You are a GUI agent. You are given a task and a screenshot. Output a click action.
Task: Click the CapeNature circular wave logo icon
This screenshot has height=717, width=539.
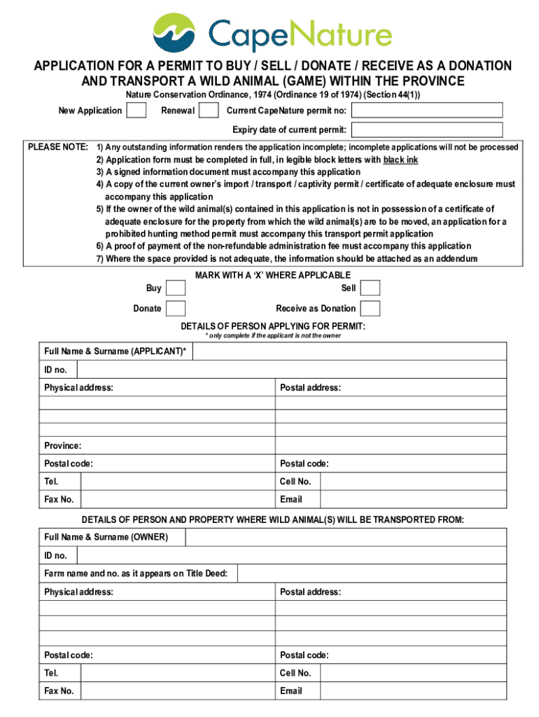[176, 34]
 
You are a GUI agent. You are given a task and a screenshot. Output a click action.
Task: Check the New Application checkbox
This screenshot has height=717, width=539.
[136, 111]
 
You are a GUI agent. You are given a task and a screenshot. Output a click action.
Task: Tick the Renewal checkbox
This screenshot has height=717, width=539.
[209, 111]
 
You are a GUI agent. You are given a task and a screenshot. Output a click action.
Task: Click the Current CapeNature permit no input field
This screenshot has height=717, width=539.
[426, 111]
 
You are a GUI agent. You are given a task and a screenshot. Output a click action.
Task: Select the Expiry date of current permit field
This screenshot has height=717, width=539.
[426, 130]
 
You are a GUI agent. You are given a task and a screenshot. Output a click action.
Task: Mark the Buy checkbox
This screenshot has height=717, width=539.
[176, 288]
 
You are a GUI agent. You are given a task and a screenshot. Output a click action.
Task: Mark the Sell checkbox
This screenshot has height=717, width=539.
[370, 288]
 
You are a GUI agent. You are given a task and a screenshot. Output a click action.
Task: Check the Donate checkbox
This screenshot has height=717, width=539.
[176, 309]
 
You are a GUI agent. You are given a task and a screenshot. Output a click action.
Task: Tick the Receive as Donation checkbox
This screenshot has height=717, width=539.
[370, 309]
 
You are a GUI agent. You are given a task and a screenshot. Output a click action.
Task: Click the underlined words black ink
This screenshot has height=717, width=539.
[400, 160]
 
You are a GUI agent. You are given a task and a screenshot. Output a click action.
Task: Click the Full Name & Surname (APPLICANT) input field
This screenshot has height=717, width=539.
[349, 351]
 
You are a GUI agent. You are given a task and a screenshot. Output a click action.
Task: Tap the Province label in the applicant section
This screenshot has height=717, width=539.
[63, 445]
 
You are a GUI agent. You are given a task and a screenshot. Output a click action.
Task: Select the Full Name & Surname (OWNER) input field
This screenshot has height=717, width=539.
[346, 537]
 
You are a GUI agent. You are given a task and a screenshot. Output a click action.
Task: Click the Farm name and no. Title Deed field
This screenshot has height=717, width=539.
[372, 573]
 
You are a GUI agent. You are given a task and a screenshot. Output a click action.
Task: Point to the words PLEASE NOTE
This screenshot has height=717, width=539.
[57, 147]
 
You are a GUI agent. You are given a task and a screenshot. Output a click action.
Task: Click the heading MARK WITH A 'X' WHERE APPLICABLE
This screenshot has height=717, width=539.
[273, 275]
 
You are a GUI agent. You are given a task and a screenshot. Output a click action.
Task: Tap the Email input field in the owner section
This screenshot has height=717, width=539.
[414, 690]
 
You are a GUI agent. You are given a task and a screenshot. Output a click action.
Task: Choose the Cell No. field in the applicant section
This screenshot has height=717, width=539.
[414, 481]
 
